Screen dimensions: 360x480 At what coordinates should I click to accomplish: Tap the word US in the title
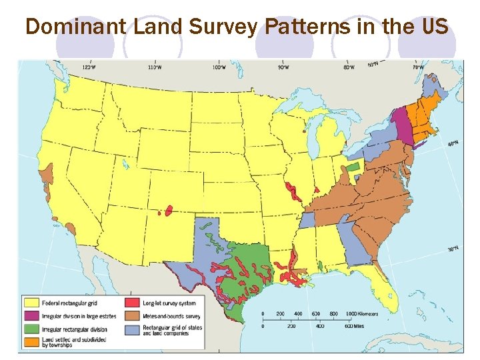[x=434, y=27]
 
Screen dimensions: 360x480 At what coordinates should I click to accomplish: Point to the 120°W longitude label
[x=88, y=67]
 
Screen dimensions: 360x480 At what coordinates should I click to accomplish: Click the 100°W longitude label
[x=219, y=67]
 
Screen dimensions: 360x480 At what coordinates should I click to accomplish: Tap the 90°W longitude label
[x=283, y=67]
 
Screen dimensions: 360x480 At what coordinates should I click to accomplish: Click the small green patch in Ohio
[x=353, y=167]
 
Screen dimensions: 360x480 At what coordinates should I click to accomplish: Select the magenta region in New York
[x=401, y=123]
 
